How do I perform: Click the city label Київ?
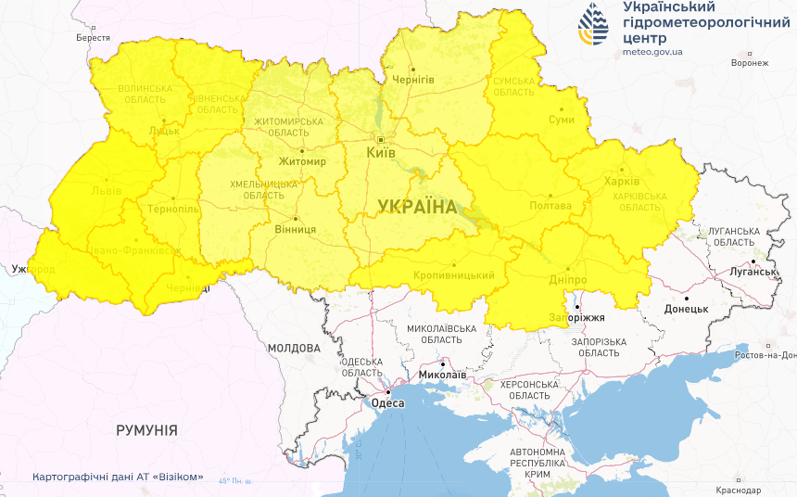pos(381,152)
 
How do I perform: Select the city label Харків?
pos(620,181)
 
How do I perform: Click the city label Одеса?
pos(387,402)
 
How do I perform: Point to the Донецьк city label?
pos(686,309)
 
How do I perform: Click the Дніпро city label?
pos(567,279)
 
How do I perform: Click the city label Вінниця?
pos(296,228)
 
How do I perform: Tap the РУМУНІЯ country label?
pos(146,430)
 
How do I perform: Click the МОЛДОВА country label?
pos(293,348)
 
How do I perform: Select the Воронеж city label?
pos(750,63)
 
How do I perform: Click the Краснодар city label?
pos(738,490)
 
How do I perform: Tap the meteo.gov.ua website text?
pos(652,52)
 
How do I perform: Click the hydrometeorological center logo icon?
pos(594,25)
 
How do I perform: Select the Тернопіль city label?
pos(172,209)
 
